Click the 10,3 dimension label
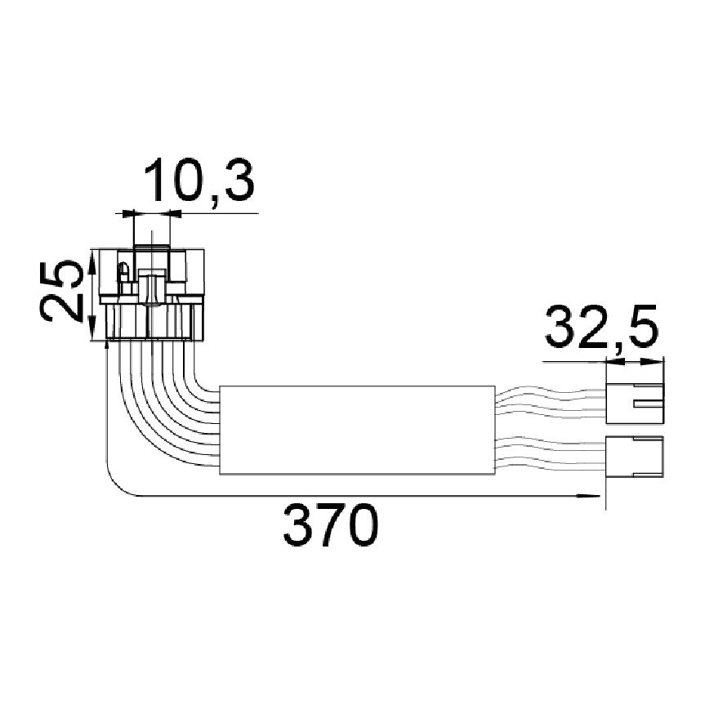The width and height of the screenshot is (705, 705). pyautogui.click(x=199, y=180)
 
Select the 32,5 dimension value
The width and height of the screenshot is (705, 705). pyautogui.click(x=601, y=328)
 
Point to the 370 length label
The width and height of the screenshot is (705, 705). pyautogui.click(x=331, y=524)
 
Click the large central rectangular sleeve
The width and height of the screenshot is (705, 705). pyautogui.click(x=357, y=430)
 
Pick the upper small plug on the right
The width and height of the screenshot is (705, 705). pyautogui.click(x=635, y=403)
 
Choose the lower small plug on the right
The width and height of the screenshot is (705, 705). pyautogui.click(x=635, y=456)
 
